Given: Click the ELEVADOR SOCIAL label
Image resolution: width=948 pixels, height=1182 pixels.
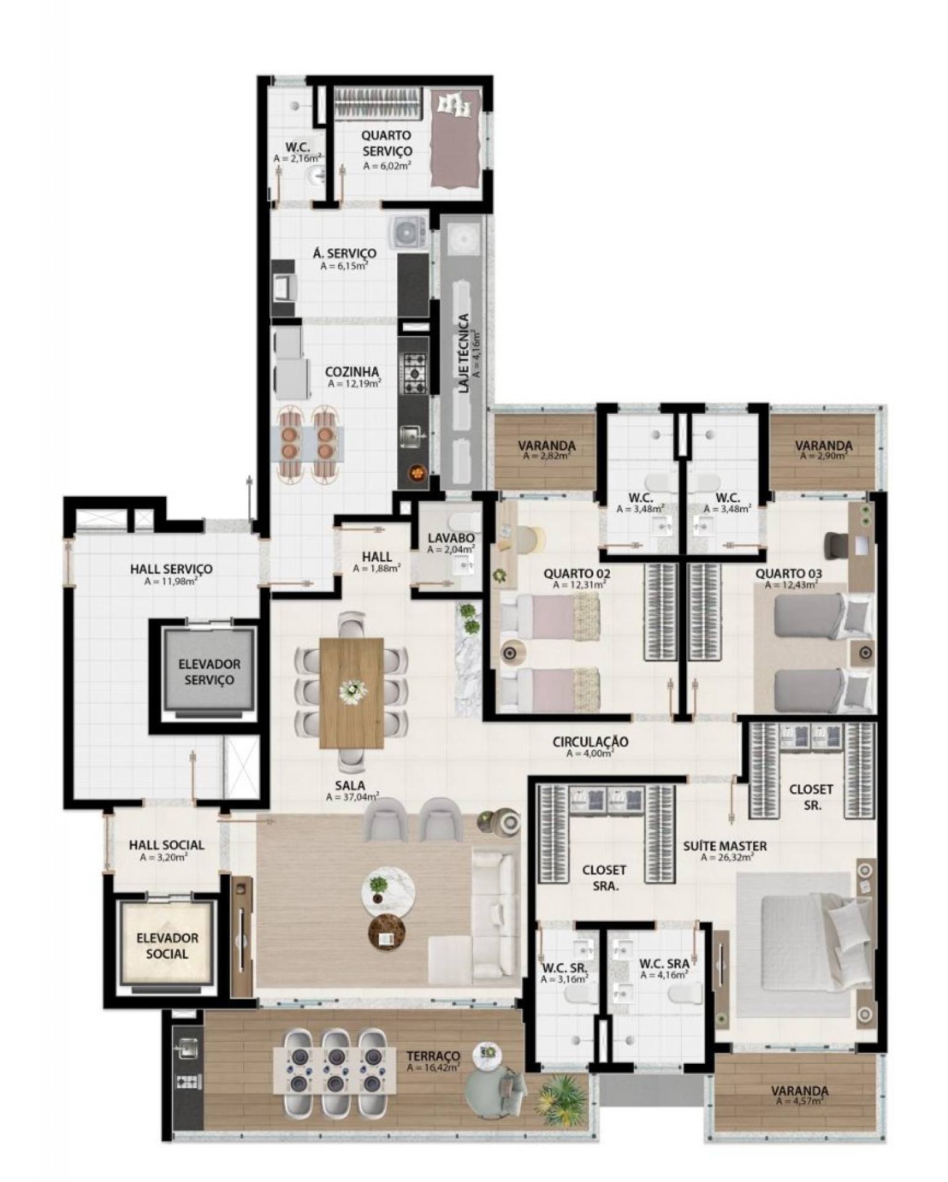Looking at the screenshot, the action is (x=168, y=946).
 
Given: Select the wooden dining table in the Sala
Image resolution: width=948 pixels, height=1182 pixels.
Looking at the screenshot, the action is (x=352, y=693).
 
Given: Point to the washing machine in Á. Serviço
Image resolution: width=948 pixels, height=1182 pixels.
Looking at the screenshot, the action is (x=407, y=232).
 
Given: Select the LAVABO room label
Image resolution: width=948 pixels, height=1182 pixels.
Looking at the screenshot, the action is (x=451, y=538).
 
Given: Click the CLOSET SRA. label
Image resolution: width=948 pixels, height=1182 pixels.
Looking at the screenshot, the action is (x=604, y=878).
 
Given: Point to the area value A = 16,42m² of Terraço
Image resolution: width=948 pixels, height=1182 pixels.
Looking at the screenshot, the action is (x=433, y=1067).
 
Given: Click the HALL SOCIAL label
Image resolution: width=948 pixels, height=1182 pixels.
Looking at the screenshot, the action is (x=166, y=845).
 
